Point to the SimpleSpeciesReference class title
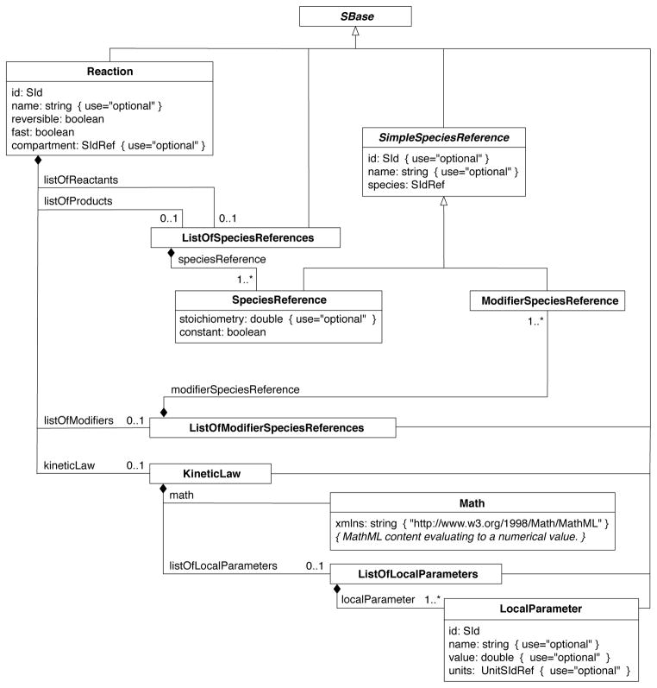tap(443, 136)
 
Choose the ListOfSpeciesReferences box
tap(245, 236)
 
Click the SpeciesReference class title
tap(278, 300)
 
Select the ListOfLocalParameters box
tap(417, 571)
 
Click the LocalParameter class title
tap(541, 609)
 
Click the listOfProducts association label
tap(78, 199)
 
